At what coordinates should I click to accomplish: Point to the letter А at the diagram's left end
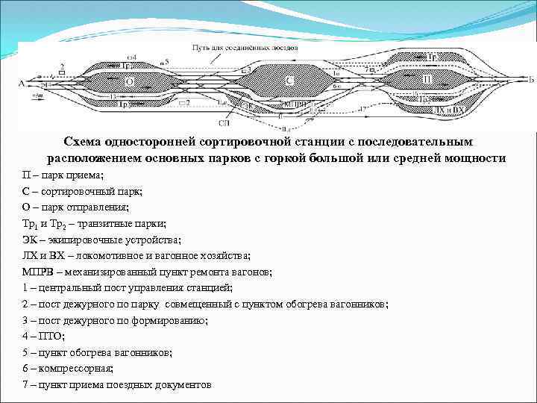pos(22,84)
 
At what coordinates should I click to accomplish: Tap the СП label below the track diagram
pos(224,122)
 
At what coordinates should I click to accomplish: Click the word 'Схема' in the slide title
pos(84,142)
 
